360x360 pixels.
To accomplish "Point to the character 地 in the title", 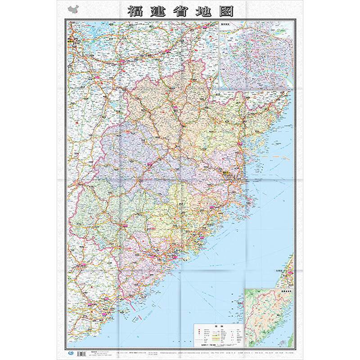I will (x=203, y=11).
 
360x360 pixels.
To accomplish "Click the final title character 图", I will (x=226, y=11).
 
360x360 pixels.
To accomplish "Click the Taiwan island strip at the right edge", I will (x=288, y=270).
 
